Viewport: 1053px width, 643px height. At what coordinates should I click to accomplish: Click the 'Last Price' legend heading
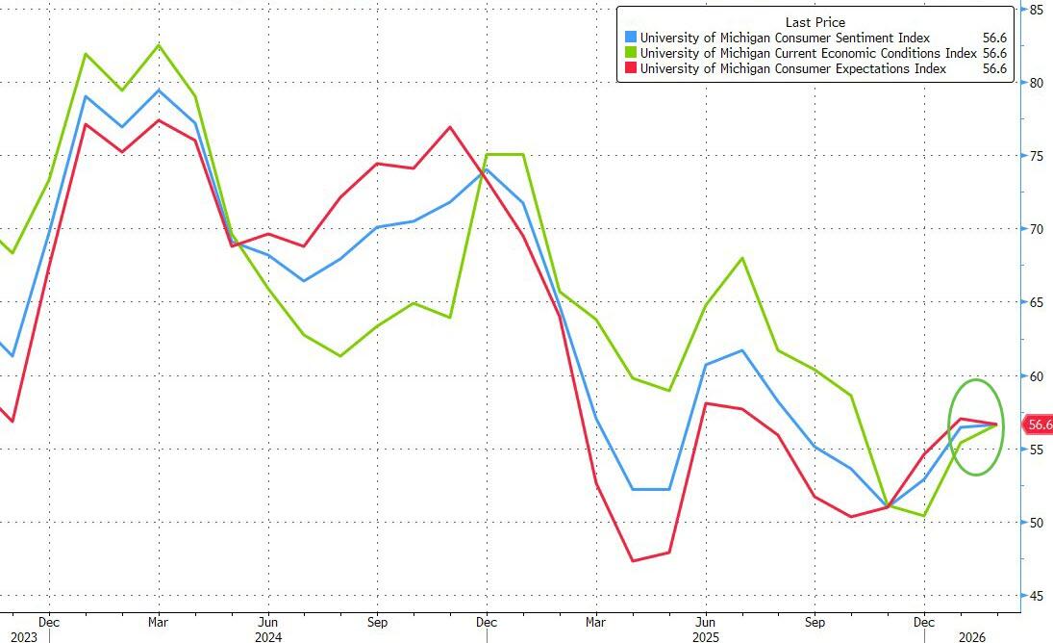(816, 22)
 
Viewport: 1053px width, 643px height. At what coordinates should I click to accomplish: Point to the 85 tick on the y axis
(1037, 10)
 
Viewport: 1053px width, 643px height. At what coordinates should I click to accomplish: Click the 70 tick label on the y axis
(1037, 229)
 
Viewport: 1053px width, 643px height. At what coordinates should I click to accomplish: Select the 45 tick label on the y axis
(1037, 596)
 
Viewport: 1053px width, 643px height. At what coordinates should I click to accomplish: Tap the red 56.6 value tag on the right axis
(1038, 424)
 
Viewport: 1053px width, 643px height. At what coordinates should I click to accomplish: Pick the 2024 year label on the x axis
(269, 635)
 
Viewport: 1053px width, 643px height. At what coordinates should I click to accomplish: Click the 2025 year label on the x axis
(706, 635)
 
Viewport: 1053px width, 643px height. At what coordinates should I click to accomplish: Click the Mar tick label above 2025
(595, 620)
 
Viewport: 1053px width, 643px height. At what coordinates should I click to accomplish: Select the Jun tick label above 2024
(268, 620)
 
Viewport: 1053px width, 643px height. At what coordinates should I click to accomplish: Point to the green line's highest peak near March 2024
(159, 45)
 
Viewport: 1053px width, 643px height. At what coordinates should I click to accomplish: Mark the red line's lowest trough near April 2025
(633, 560)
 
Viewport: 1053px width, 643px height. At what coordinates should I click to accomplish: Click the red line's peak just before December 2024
(450, 127)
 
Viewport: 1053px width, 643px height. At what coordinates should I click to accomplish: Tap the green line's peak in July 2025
(741, 258)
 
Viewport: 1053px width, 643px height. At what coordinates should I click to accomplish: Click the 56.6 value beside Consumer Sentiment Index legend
(993, 39)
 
